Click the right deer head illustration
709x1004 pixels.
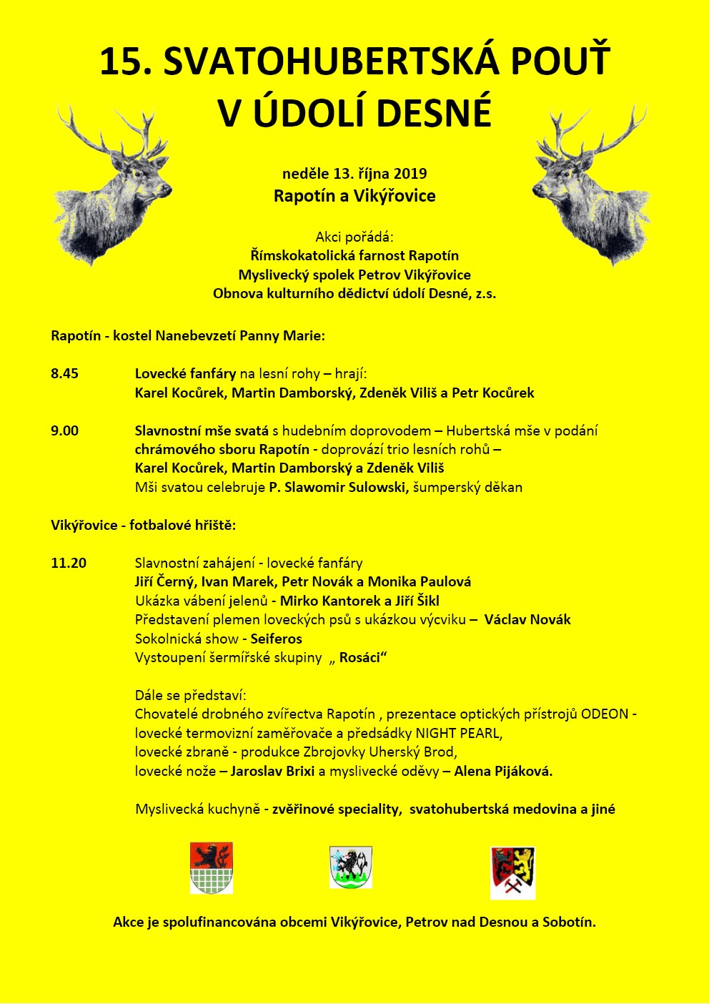tap(590, 186)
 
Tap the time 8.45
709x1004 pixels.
tap(64, 373)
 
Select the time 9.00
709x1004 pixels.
tap(64, 430)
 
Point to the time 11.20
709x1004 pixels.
tap(69, 563)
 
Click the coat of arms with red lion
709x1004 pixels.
tap(212, 867)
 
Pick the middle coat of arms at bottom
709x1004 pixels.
tap(351, 867)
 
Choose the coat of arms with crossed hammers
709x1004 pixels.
tap(513, 872)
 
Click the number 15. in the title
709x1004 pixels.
tap(126, 62)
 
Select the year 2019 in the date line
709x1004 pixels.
tap(410, 173)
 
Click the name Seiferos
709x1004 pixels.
tap(276, 639)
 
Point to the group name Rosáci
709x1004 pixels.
tap(360, 658)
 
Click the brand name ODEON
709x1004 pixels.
tap(605, 714)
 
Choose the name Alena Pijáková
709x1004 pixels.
tap(503, 771)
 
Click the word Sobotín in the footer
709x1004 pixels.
tap(568, 922)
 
